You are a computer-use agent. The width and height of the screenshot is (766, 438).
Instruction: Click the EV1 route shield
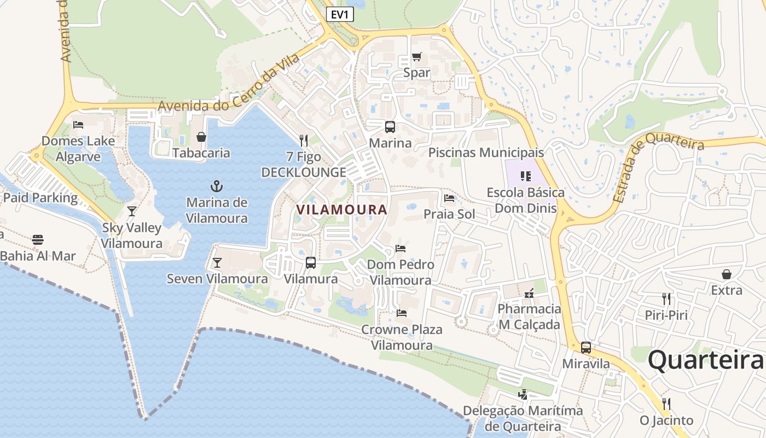coord(340,14)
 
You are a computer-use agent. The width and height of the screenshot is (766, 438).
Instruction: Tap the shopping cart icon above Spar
coord(417,56)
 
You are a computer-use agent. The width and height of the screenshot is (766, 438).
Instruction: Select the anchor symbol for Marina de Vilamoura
coord(217,186)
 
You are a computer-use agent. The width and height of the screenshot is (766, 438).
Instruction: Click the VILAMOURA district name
coord(341,209)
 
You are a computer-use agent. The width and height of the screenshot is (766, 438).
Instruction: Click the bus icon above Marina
coord(390,127)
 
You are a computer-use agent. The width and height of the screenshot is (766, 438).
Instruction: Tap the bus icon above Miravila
coord(586,347)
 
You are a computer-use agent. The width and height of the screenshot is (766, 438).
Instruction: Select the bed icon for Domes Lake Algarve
coord(78,125)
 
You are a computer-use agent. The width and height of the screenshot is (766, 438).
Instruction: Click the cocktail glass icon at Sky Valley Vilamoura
coord(131,211)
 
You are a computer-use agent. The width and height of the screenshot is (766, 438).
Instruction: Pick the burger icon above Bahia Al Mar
coord(37,239)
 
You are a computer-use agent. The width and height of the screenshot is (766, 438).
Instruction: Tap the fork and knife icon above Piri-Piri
coord(666,299)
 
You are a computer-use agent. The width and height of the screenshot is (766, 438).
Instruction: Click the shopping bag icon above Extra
coord(727,274)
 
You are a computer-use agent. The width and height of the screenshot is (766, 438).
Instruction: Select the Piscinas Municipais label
coord(486,152)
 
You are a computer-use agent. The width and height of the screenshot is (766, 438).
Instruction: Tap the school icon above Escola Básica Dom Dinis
coord(526,176)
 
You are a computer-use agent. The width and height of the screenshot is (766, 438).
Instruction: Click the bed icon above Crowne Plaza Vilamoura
coord(402,313)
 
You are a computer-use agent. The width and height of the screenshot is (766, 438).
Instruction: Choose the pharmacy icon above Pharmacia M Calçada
coord(529,293)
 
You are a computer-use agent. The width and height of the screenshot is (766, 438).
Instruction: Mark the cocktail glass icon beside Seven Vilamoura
coord(217,263)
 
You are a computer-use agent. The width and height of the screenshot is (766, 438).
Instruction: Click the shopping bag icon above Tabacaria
coord(201,137)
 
